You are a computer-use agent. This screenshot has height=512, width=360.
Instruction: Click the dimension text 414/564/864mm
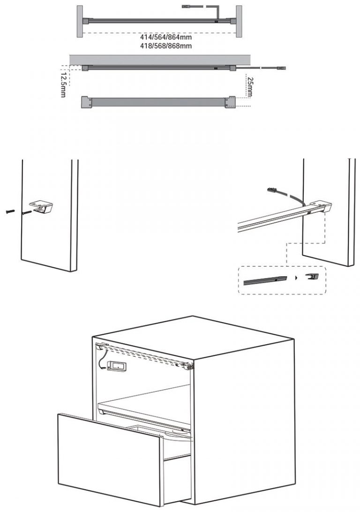tap(166, 37)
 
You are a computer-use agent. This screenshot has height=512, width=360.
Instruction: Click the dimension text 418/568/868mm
tap(166, 46)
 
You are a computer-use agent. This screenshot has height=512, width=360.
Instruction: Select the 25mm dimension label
tap(250, 87)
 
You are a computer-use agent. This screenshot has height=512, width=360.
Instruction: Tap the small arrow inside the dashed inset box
tap(296, 278)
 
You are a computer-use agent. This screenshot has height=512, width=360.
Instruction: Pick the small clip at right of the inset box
tap(313, 276)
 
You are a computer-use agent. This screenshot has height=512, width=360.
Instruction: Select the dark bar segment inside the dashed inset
tap(265, 280)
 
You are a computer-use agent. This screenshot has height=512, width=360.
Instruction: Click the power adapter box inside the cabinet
tap(117, 366)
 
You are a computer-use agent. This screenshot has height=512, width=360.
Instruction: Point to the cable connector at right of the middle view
tap(281, 68)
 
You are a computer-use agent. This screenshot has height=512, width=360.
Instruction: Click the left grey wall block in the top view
tap(80, 21)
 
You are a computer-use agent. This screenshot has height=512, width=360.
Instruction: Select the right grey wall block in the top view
tap(239, 21)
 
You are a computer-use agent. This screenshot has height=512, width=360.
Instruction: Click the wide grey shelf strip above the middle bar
tap(159, 60)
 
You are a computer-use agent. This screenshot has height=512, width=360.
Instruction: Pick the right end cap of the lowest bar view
tap(230, 102)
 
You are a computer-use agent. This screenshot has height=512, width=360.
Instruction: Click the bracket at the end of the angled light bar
tap(321, 207)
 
